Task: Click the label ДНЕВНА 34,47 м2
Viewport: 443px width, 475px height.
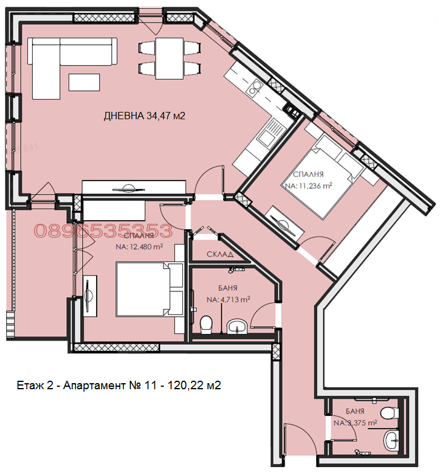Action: point(144,116)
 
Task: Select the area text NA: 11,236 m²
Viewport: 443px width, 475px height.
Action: point(307,186)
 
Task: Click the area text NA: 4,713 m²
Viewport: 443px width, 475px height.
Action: point(228,299)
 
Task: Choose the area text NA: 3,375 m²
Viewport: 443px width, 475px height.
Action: point(355,422)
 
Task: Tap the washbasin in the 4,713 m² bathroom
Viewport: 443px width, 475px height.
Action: point(235,328)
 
